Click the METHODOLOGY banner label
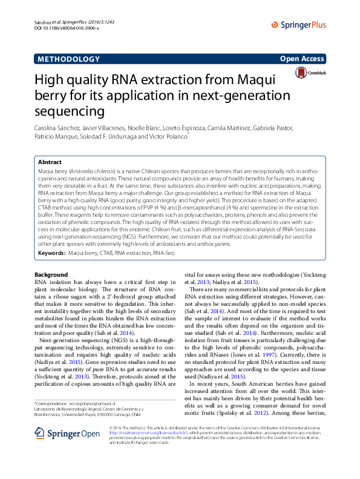(68, 59)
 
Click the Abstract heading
(50, 162)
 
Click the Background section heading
(51, 275)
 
